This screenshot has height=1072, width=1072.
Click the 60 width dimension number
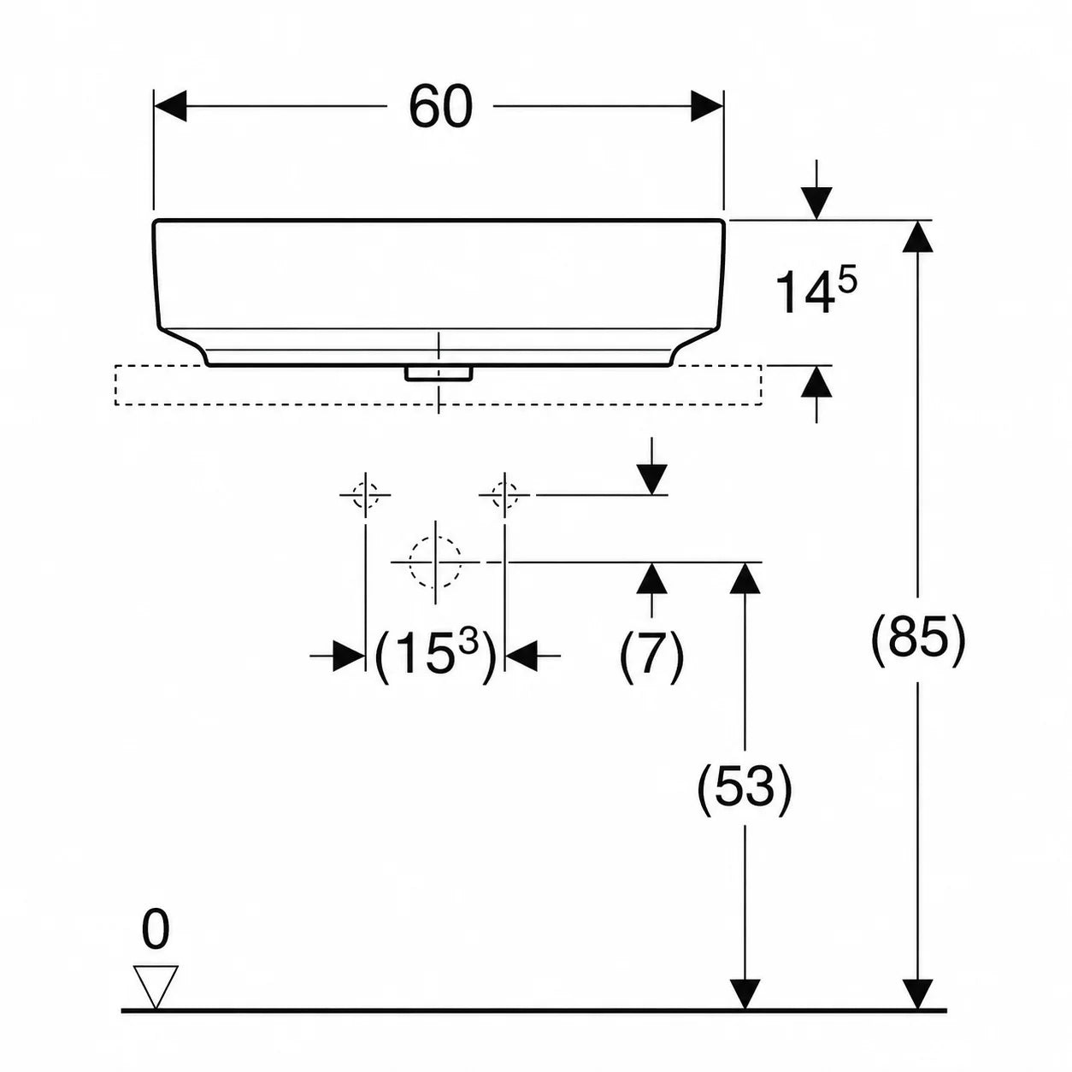tap(440, 107)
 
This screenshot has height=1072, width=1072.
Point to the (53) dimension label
tap(745, 789)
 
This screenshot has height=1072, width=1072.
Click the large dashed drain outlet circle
tap(436, 562)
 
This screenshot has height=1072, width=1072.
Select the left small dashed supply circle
tap(366, 495)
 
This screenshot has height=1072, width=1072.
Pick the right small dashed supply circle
tap(504, 495)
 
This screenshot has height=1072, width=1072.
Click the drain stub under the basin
tap(439, 374)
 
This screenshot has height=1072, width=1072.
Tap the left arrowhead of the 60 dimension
tap(170, 106)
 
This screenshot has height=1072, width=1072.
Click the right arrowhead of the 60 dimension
tap(707, 106)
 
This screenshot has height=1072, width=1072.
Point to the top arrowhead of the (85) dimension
tap(917, 236)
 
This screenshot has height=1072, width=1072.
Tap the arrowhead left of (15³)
tap(350, 657)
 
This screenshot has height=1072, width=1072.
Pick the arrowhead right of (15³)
tap(521, 657)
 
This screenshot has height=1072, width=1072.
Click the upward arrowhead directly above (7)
tap(651, 579)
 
